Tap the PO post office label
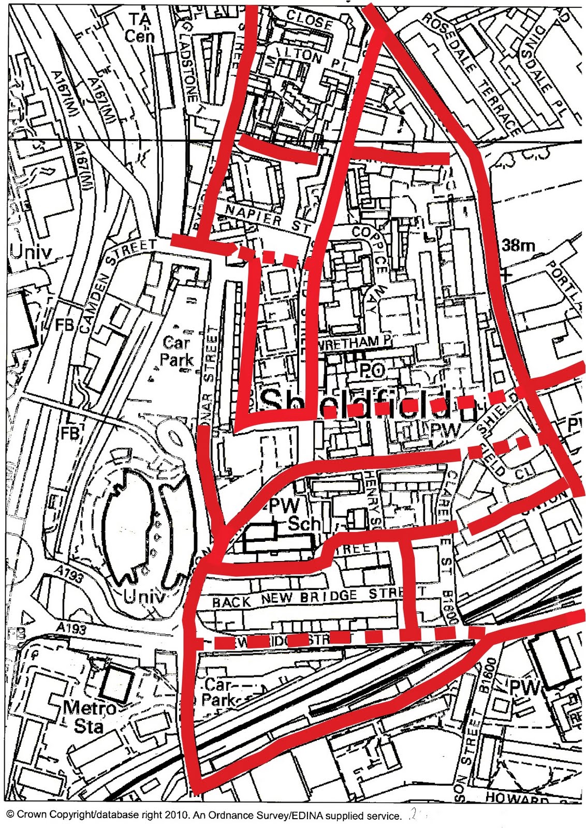point(372,369)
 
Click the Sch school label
point(304,524)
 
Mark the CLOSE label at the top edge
point(309,21)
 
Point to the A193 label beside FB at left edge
point(68,628)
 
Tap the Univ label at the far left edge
point(31,252)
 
